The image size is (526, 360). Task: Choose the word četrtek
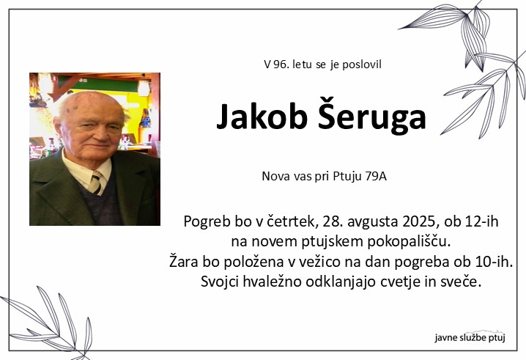[292, 221]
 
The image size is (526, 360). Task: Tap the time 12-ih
[481, 221]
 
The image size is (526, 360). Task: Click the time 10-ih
[494, 262]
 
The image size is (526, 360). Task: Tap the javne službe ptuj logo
[470, 337]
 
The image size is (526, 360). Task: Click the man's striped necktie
[96, 183]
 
